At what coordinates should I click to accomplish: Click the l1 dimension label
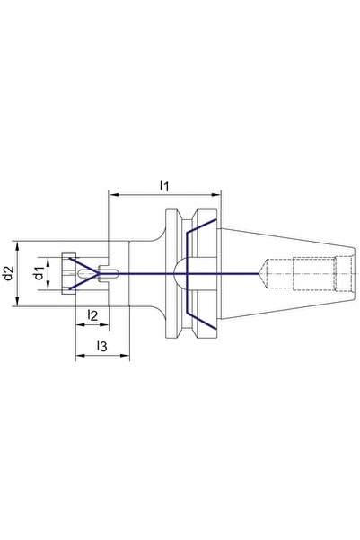pyautogui.click(x=164, y=186)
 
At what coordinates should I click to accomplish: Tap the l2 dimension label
pyautogui.click(x=92, y=315)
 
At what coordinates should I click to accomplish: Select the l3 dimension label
pyautogui.click(x=101, y=346)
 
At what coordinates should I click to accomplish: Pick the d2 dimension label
pyautogui.click(x=9, y=273)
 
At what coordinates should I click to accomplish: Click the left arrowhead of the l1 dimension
pyautogui.click(x=113, y=195)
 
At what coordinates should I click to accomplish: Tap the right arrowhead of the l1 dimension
pyautogui.click(x=215, y=195)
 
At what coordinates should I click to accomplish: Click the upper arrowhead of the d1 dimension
pyautogui.click(x=48, y=262)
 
